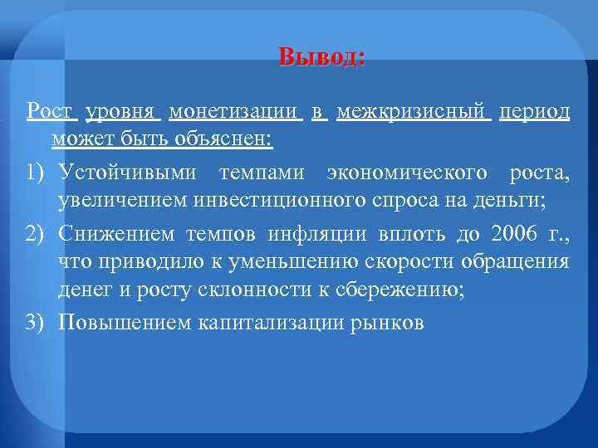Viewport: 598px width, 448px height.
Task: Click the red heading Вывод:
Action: click(x=321, y=57)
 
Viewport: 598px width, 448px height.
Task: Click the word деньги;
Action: click(x=515, y=198)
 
